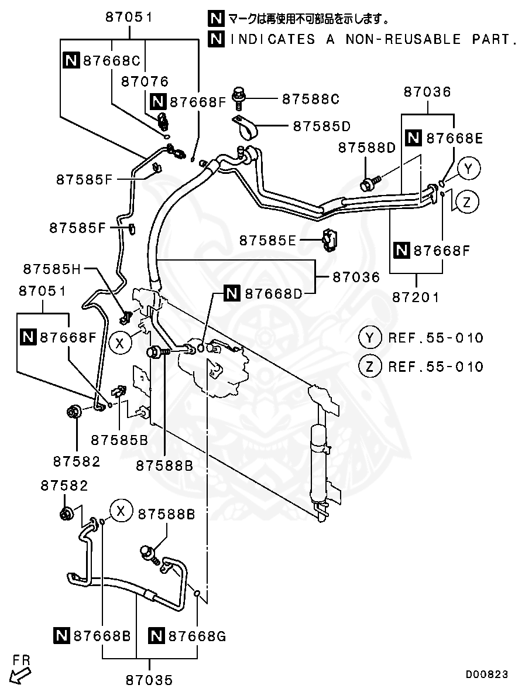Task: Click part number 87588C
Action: (x=310, y=100)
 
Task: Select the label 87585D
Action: (x=321, y=126)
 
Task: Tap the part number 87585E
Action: (x=267, y=240)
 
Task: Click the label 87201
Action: (x=416, y=297)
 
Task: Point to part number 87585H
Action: (x=52, y=269)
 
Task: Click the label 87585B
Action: (x=119, y=439)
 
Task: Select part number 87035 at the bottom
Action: (x=149, y=680)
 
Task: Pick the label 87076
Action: (x=145, y=82)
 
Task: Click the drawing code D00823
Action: (x=487, y=675)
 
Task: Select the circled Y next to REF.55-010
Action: (x=369, y=338)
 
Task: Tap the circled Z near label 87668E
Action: (x=466, y=203)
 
